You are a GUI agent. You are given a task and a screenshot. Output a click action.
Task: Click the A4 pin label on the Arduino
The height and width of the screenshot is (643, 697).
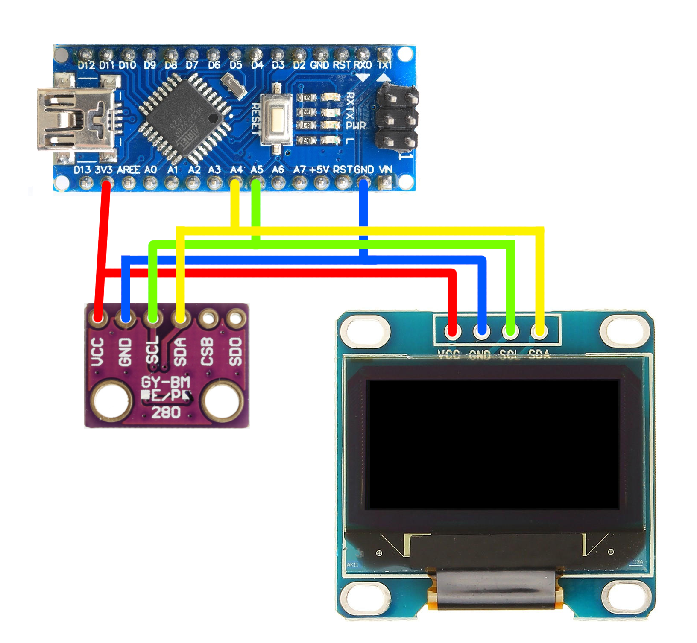click(x=236, y=170)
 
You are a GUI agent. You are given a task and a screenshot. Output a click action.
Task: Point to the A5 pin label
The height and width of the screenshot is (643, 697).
click(x=257, y=170)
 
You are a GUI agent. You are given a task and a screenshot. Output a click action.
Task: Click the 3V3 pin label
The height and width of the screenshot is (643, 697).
click(x=103, y=170)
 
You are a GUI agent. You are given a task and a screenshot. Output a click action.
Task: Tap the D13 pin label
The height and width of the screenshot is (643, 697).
click(x=82, y=170)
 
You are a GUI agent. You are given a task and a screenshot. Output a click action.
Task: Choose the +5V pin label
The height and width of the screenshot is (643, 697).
click(x=319, y=170)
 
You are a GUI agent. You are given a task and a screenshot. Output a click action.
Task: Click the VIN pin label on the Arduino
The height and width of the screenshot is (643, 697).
click(x=385, y=170)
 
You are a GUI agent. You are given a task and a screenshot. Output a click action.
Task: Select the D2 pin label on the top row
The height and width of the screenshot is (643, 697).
click(x=299, y=65)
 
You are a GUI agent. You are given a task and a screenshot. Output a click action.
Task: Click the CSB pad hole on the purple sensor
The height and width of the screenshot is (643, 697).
click(x=208, y=318)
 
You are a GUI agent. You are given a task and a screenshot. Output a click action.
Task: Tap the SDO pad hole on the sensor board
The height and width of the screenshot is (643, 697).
click(x=235, y=318)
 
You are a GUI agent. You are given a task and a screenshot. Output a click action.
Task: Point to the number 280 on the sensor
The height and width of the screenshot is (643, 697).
click(x=166, y=412)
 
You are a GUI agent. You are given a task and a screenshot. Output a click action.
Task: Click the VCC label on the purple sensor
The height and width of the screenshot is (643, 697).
click(x=98, y=352)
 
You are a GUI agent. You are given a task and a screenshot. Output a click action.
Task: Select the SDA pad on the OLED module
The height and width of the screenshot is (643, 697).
click(x=539, y=331)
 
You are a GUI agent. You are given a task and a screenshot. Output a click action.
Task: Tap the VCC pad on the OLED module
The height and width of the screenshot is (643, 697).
click(x=453, y=331)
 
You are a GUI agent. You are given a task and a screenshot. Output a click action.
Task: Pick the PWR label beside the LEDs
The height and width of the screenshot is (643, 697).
click(x=356, y=126)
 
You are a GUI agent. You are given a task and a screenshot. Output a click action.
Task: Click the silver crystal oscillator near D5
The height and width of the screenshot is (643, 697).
click(x=234, y=85)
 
